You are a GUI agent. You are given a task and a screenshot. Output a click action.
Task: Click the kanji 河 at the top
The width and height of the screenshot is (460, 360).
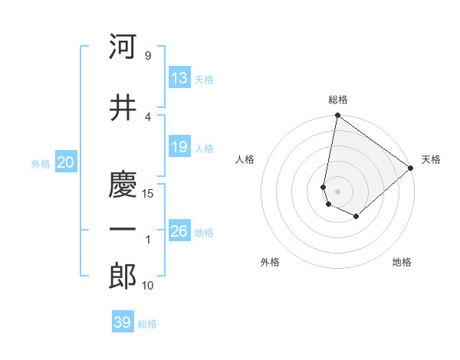click(x=123, y=47)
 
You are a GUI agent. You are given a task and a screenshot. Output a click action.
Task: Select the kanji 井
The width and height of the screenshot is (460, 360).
click(x=123, y=108)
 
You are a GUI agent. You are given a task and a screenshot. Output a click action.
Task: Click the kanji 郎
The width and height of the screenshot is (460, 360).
click(x=123, y=277)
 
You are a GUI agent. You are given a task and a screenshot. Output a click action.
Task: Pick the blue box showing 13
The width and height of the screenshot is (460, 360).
click(x=179, y=78)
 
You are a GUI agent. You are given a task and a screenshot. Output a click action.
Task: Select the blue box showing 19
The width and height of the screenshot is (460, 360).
click(x=179, y=147)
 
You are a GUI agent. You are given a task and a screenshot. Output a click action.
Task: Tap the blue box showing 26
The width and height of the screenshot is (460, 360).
click(x=179, y=231)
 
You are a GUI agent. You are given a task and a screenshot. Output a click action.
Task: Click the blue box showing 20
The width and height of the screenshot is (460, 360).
click(x=66, y=162)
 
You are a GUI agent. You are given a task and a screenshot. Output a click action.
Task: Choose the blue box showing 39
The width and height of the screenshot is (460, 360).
click(x=123, y=322)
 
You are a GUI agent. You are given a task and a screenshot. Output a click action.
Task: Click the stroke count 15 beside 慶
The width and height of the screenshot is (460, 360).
click(x=149, y=194)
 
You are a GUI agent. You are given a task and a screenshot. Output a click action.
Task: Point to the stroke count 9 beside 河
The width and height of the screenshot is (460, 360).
click(x=147, y=56)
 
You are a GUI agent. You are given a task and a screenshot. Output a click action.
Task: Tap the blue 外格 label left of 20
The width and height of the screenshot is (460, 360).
click(x=41, y=164)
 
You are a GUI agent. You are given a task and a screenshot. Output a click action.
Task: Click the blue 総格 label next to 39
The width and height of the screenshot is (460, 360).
click(x=147, y=324)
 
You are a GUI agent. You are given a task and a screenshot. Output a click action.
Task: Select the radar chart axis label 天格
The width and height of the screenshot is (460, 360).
click(x=431, y=159)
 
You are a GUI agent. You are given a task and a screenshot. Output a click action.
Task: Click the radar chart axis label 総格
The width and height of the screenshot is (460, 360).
click(x=338, y=100)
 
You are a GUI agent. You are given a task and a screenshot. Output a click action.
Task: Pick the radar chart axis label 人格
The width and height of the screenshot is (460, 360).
click(x=245, y=159)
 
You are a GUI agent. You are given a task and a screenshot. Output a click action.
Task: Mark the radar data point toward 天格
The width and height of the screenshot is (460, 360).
click(x=411, y=168)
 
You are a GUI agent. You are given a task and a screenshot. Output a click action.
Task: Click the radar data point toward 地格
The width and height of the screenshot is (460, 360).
click(x=356, y=217)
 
